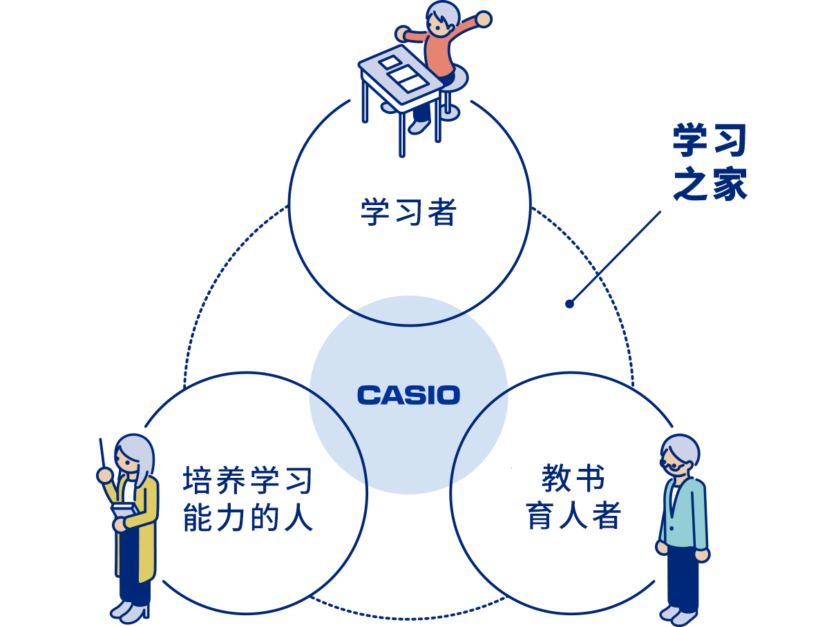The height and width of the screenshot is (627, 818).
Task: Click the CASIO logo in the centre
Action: click(x=408, y=395)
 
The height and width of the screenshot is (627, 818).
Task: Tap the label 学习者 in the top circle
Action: click(x=408, y=213)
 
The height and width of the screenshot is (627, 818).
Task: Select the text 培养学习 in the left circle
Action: click(x=248, y=481)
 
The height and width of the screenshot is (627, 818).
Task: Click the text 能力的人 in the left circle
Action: click(x=248, y=518)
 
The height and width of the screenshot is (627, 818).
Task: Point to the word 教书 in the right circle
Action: click(x=573, y=478)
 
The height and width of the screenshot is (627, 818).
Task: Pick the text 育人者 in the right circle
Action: click(x=573, y=515)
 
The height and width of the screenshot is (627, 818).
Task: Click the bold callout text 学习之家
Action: click(x=710, y=163)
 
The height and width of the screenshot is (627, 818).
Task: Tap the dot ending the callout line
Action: click(x=569, y=303)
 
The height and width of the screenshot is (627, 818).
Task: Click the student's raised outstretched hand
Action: click(x=483, y=19)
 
